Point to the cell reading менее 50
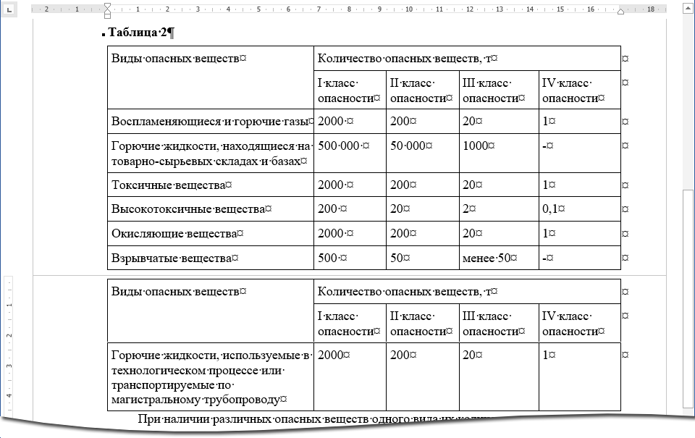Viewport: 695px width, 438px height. click(x=489, y=258)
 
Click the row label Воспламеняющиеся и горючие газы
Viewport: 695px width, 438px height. click(x=211, y=121)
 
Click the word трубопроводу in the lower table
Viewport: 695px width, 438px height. click(x=245, y=399)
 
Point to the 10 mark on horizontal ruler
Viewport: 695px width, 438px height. click(x=409, y=9)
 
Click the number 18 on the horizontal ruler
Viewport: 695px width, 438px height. click(x=651, y=9)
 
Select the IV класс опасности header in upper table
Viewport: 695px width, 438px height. click(x=572, y=90)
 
